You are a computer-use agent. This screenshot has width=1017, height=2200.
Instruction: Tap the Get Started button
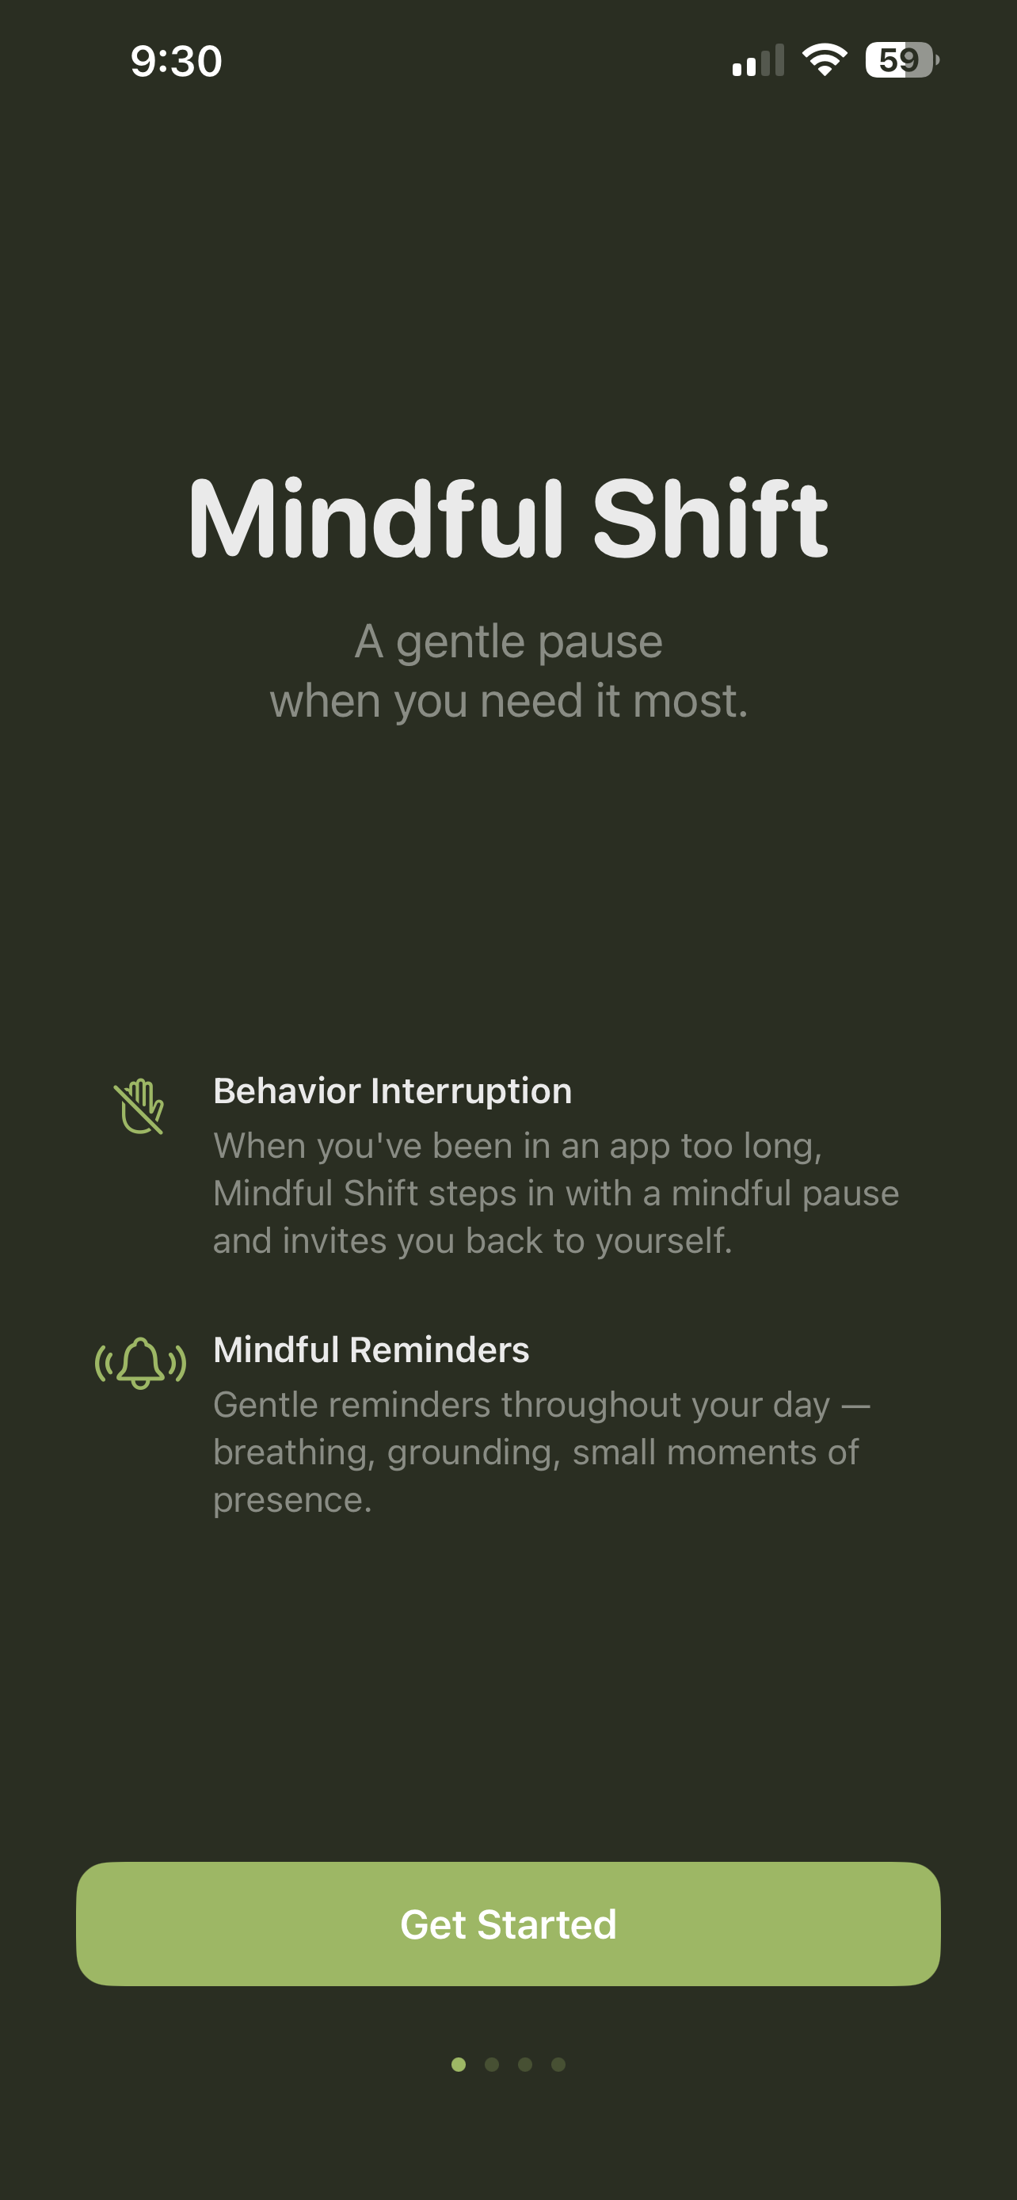tap(508, 1924)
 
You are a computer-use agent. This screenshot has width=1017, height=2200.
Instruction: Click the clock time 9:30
tap(176, 62)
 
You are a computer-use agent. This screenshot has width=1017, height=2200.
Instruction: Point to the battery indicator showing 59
tap(900, 59)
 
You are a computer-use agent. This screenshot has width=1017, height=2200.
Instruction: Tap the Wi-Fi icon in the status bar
tap(824, 59)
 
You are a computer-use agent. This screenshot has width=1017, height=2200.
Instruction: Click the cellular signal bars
tap(757, 62)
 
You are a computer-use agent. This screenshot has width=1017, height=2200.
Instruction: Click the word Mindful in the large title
tap(375, 520)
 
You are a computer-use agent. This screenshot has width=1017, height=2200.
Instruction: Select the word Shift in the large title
tap(710, 520)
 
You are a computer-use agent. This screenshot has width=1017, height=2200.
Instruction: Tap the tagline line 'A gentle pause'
tap(508, 641)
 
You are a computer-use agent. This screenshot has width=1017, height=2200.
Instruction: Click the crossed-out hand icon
tap(139, 1107)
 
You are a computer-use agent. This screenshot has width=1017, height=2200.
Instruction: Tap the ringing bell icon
tap(140, 1363)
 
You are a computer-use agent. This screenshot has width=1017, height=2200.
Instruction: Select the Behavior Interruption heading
tap(392, 1090)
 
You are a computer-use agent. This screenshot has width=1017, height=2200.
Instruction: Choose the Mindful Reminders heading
tap(371, 1349)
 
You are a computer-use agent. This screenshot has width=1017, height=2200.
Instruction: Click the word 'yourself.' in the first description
tap(664, 1240)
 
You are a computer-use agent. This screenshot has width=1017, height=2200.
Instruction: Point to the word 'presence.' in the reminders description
tap(292, 1499)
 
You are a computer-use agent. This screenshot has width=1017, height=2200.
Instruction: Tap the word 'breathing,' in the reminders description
tap(294, 1452)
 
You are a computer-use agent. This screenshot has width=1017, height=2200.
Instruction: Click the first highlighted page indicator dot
tap(459, 2065)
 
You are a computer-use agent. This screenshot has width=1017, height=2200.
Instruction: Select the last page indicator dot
tap(558, 2065)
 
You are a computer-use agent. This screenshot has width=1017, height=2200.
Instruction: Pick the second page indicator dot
tap(492, 2065)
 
